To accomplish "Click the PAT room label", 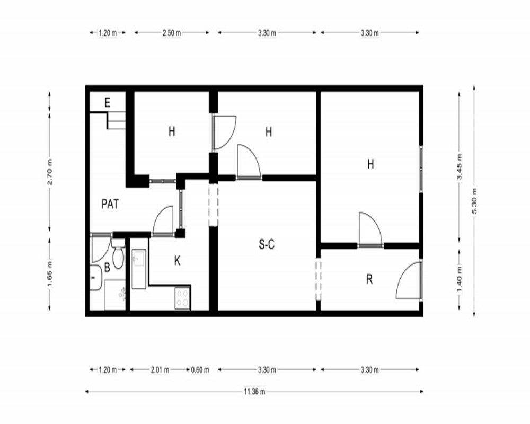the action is (x=110, y=204).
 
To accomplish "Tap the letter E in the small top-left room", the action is (x=108, y=102).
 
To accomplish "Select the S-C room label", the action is (x=267, y=244).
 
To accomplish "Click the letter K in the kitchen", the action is (x=177, y=261).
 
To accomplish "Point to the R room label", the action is (x=369, y=279).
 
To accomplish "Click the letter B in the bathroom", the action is (x=107, y=268).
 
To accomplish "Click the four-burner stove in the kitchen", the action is (x=182, y=298).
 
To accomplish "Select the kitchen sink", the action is (x=138, y=269).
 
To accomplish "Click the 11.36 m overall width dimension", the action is (x=254, y=392).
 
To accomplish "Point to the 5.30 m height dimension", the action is (x=474, y=201).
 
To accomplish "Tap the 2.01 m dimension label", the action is (x=160, y=370).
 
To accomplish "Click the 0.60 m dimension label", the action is (x=200, y=370).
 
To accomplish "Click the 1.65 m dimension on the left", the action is (x=50, y=273).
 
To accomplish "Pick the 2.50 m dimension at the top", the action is (x=172, y=33).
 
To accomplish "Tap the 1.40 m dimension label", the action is (x=460, y=280).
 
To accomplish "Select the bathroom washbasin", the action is (x=95, y=278).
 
